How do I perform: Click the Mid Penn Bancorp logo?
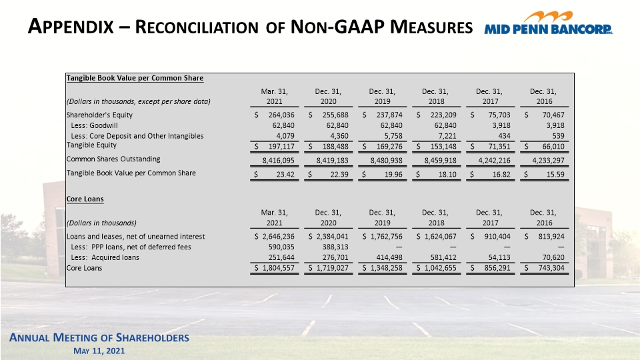pyautogui.click(x=548, y=23)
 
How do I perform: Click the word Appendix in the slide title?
pyautogui.click(x=71, y=27)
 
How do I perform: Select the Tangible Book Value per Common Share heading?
pyautogui.click(x=135, y=78)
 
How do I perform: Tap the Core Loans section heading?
pyautogui.click(x=85, y=199)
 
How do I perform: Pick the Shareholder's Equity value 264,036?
pyautogui.click(x=281, y=115)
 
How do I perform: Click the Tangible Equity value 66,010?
pyautogui.click(x=553, y=146)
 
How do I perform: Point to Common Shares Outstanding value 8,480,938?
pyautogui.click(x=386, y=161)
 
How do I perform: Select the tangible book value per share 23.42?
pyautogui.click(x=285, y=174)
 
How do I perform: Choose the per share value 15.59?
pyautogui.click(x=555, y=174)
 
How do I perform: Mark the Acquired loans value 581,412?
pyautogui.click(x=443, y=257)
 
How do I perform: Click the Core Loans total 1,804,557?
pyautogui.click(x=278, y=268)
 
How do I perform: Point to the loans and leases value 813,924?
pyautogui.click(x=551, y=236)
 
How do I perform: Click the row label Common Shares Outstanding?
pyautogui.click(x=113, y=159)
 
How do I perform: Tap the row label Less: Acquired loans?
pyautogui.click(x=105, y=257)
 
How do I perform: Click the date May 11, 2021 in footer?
pyautogui.click(x=99, y=351)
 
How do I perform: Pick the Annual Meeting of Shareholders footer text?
pyautogui.click(x=99, y=337)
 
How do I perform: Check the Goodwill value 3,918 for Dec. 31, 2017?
pyautogui.click(x=501, y=125)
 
